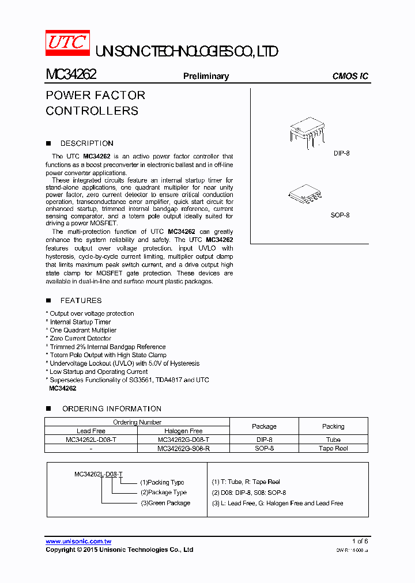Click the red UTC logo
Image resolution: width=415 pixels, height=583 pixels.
67,44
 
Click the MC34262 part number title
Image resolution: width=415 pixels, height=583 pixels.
71,75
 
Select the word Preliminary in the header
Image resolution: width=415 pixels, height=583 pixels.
206,76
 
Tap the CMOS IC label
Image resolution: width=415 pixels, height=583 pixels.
350,76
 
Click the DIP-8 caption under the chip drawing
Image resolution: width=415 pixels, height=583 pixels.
341,153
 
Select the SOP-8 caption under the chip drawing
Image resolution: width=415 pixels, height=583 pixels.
340,215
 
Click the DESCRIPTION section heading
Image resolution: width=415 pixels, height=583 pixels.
86,143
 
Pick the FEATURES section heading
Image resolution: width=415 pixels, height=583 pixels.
81,301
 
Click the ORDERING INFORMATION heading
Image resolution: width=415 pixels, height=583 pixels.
111,409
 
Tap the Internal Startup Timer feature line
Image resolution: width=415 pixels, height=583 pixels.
80,322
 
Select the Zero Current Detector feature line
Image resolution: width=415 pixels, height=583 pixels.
80,339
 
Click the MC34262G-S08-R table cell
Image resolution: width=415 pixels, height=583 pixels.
183,448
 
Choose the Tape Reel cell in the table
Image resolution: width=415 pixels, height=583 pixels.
333,448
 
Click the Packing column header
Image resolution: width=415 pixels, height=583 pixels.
333,426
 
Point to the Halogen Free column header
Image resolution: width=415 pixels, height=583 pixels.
183,431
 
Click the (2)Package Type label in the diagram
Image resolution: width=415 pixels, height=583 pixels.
164,493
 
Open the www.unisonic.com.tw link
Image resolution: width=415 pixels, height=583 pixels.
78,542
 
